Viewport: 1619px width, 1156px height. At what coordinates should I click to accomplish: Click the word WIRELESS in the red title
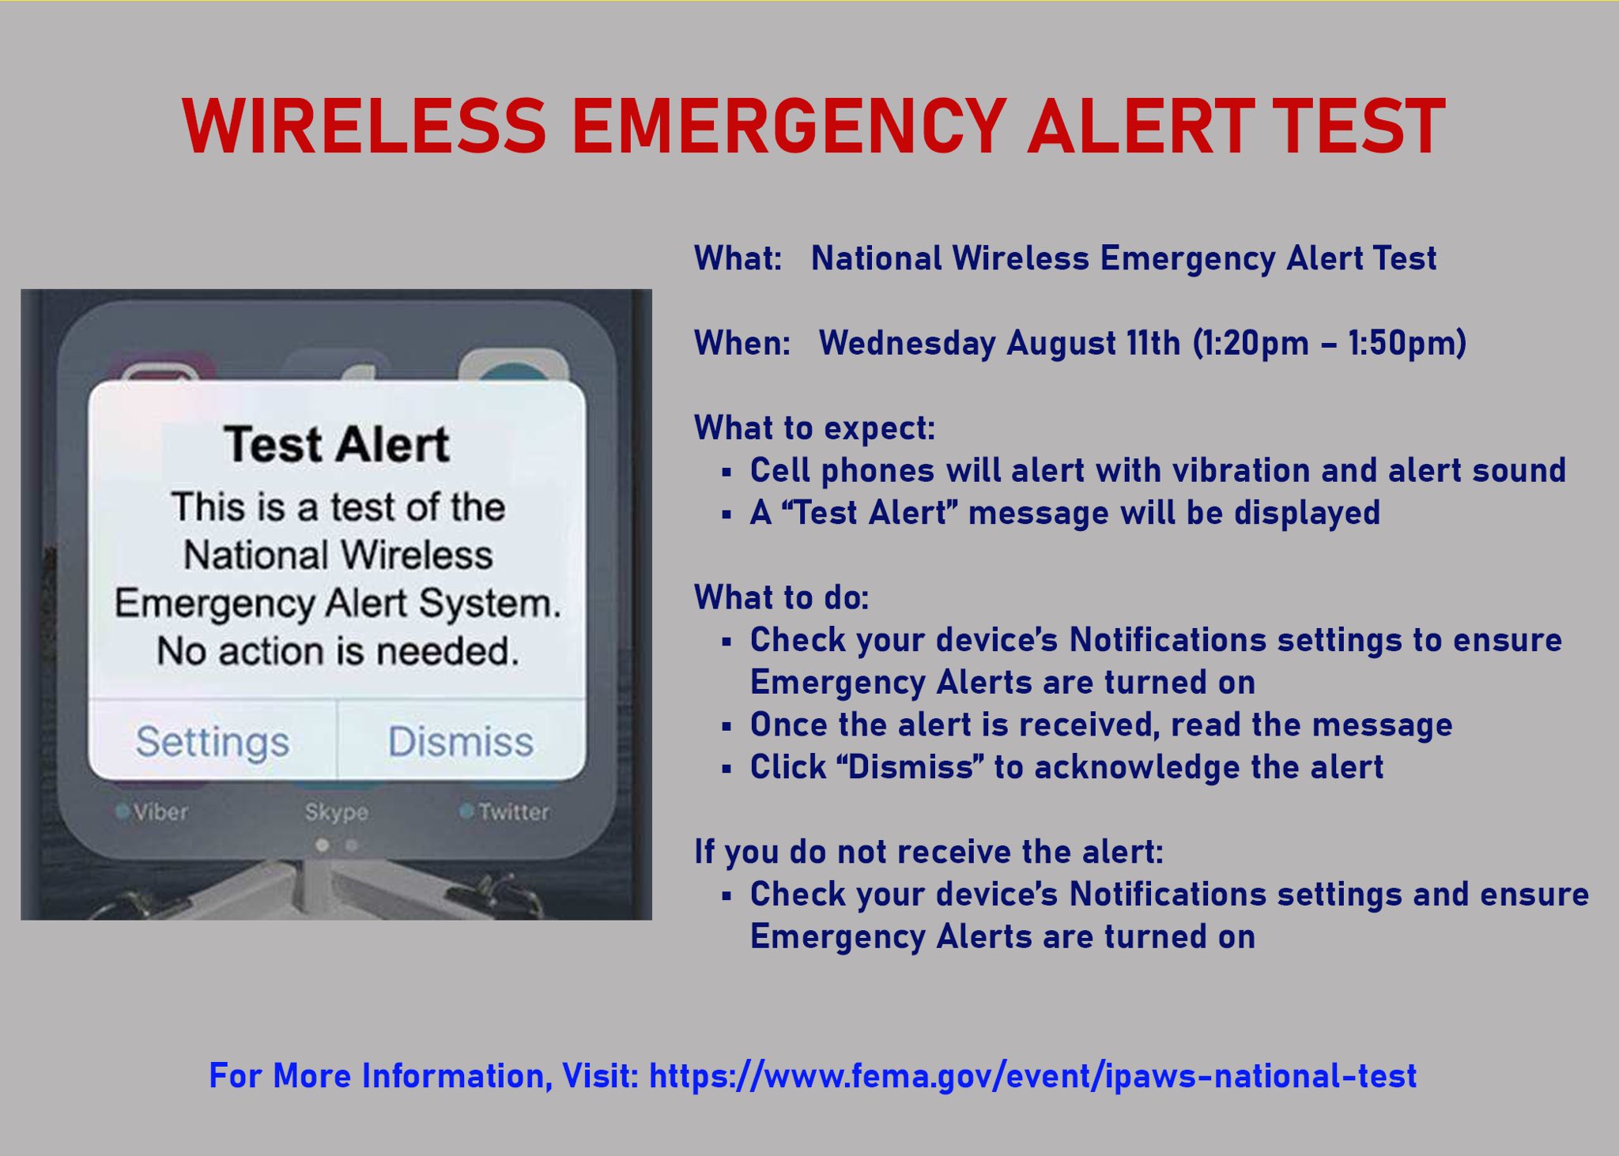tap(364, 126)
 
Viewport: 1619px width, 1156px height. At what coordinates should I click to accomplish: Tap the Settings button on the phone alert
tap(213, 741)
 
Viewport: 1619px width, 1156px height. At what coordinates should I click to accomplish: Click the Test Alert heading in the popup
tap(337, 444)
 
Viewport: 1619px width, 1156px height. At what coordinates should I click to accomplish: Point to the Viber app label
tap(160, 811)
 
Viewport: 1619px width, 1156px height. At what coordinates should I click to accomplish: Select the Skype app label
tap(337, 811)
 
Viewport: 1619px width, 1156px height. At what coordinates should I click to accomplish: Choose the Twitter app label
tap(513, 811)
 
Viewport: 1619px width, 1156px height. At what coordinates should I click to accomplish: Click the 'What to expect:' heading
tap(815, 428)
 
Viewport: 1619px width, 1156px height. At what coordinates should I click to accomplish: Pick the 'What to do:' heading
tap(782, 598)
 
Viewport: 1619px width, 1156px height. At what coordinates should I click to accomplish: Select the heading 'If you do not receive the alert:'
tap(929, 853)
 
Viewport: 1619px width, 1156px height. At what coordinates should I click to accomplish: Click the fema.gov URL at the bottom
tap(1032, 1076)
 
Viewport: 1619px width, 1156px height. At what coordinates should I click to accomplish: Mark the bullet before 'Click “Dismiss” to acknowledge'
tap(726, 768)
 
